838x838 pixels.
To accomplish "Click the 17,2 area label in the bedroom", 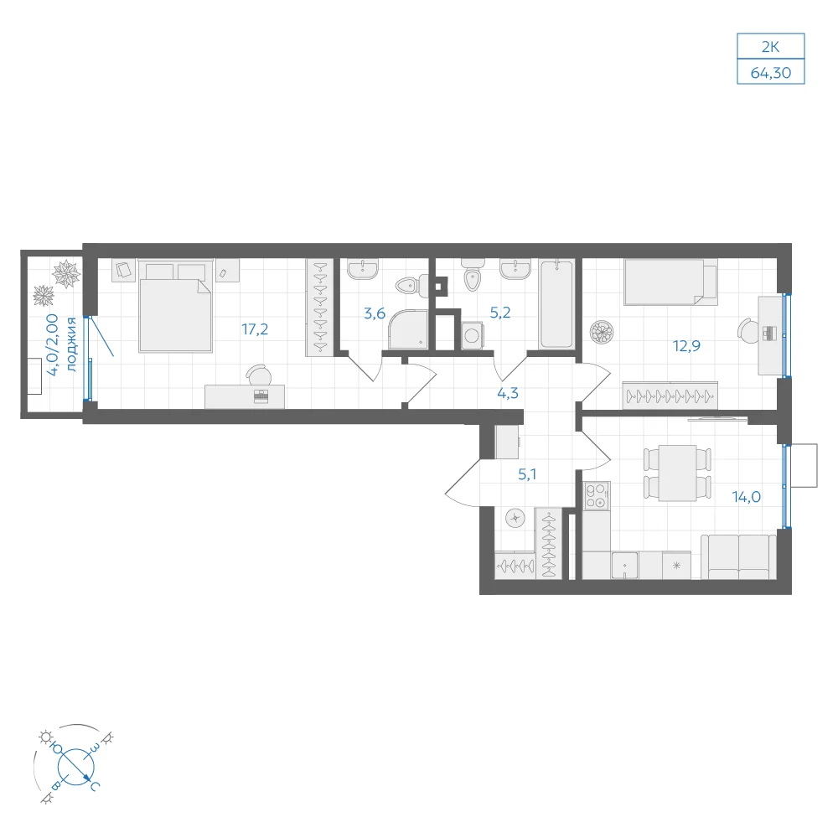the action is click(x=255, y=329).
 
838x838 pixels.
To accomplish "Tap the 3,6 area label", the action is click(x=374, y=313).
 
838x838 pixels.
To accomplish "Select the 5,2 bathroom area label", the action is click(x=500, y=313).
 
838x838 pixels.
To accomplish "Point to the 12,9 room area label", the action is click(x=686, y=346).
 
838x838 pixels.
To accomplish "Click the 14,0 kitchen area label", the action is click(x=746, y=497).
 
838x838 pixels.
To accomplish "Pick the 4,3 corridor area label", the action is click(x=508, y=393).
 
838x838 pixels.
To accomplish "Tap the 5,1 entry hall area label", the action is click(x=527, y=474).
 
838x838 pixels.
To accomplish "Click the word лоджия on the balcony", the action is click(x=71, y=344).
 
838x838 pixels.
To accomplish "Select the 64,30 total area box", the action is click(x=771, y=72).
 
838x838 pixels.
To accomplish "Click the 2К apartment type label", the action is click(x=770, y=47).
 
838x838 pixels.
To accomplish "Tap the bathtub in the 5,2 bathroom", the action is click(x=557, y=303).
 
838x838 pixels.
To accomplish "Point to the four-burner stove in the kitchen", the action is click(x=596, y=496).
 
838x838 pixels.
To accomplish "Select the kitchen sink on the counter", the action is click(x=625, y=566).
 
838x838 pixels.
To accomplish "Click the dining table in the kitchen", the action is click(x=677, y=473).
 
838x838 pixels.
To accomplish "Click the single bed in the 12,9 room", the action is click(x=670, y=282).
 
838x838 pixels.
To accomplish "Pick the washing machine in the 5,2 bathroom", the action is click(x=471, y=336).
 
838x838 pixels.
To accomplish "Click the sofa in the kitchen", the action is click(x=738, y=557).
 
